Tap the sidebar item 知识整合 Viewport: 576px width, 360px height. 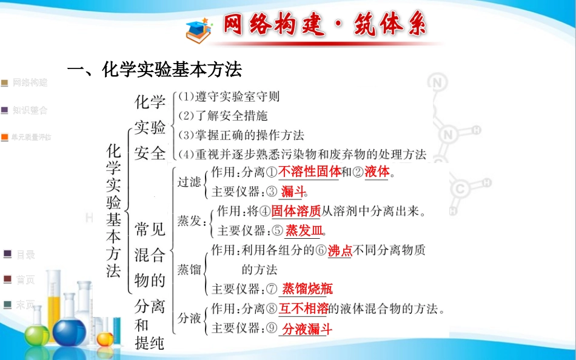pos(29,110)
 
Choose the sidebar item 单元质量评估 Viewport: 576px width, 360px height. pos(30,138)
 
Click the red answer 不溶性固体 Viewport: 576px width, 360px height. pos(310,172)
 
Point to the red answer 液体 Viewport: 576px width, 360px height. pos(377,172)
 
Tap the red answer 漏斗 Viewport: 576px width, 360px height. pos(293,192)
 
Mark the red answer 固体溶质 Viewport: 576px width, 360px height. pos(296,212)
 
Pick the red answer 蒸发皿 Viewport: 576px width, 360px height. pos(304,231)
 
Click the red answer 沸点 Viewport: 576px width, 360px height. pos(340,250)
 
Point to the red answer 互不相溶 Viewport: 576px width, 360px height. pos(303,308)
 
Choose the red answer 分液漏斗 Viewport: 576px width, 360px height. pos(307,329)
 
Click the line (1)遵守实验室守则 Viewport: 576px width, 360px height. pos(229,96)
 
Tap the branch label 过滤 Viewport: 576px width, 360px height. pos(189,182)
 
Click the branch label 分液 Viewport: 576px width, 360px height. pos(189,318)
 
